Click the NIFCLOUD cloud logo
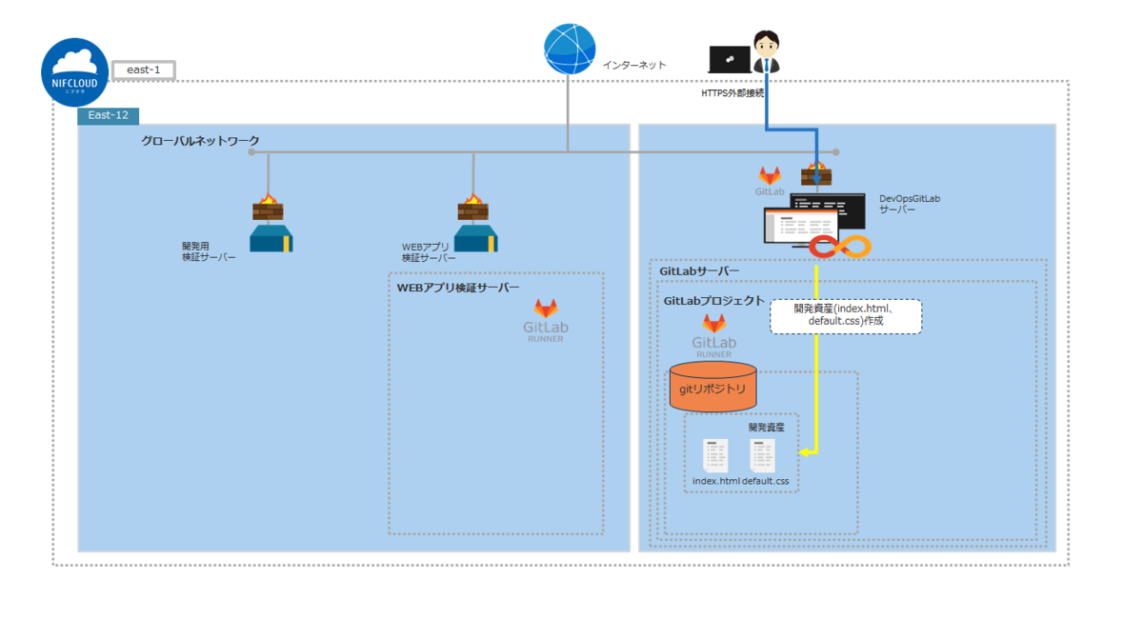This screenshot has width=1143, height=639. coord(74,71)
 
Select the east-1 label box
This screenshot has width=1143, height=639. coord(143,70)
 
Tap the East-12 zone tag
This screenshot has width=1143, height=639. coord(108,115)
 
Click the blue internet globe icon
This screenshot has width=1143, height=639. coord(570,49)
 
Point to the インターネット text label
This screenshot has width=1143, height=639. coord(634,65)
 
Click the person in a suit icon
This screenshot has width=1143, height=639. coord(766,52)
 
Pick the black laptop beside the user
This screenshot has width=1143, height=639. coord(729,59)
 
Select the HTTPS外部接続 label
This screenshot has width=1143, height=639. coord(732,93)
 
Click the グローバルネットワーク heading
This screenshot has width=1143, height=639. coord(200,141)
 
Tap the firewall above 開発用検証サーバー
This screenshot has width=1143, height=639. coord(269,208)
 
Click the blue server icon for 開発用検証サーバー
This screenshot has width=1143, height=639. coord(271,238)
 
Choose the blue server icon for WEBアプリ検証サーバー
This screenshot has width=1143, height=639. coord(474,238)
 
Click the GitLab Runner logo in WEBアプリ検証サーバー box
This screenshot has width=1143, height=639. coord(546,320)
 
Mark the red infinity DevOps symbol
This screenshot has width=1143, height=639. coord(840,247)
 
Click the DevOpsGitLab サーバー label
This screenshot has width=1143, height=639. coord(909,204)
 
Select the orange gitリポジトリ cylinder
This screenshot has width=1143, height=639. coord(712,387)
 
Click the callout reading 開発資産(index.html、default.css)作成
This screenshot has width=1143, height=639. coord(846,315)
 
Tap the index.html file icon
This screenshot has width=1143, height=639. coord(715,456)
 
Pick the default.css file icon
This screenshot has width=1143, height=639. coord(763,456)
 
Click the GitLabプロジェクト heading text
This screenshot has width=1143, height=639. coord(713,300)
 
